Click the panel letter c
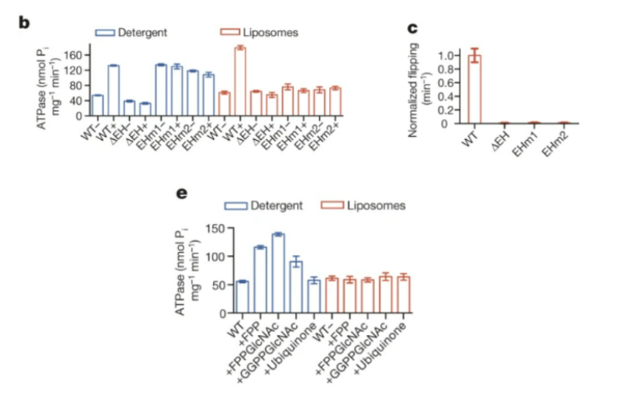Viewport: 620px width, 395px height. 413,29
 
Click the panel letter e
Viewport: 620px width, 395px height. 184,191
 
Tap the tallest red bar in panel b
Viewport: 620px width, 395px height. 240,81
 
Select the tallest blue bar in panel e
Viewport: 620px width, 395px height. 278,273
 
